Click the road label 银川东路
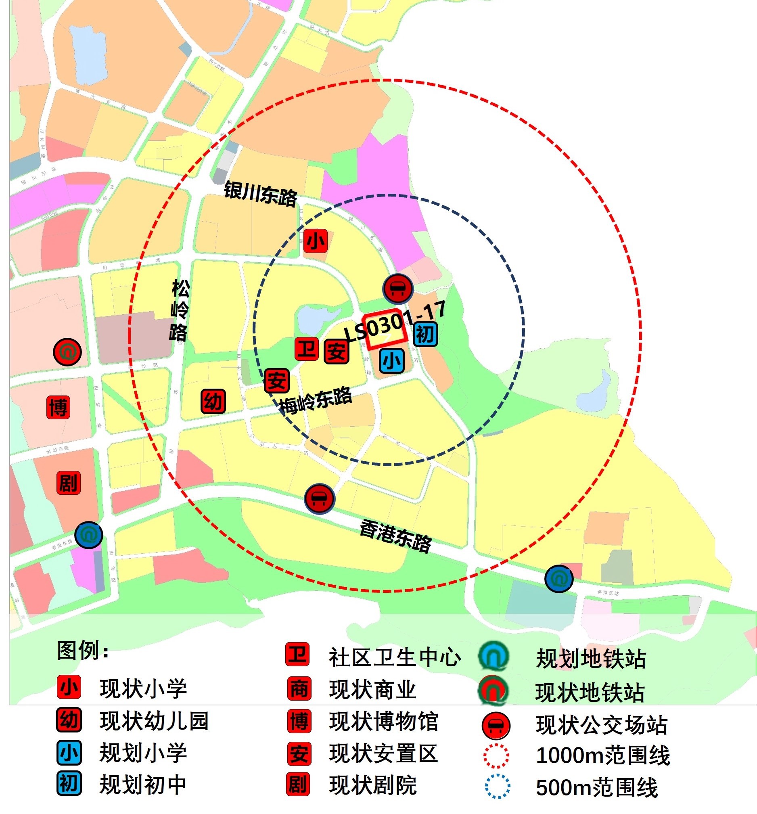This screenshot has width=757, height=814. click(260, 194)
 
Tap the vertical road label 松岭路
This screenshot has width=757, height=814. click(179, 310)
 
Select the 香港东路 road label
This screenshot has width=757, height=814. click(395, 536)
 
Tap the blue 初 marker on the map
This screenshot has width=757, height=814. click(425, 334)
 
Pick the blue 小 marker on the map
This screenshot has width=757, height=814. click(392, 360)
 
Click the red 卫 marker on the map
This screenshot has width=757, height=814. click(307, 349)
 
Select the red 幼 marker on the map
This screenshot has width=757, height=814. click(213, 401)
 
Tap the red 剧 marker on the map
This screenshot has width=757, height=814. click(68, 483)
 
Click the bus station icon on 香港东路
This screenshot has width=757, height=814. click(319, 499)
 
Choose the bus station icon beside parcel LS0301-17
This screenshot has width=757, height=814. click(397, 289)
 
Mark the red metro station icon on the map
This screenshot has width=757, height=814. click(67, 352)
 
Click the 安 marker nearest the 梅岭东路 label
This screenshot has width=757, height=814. click(277, 381)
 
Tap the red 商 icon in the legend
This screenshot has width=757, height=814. click(299, 689)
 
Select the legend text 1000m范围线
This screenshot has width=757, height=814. click(602, 755)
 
